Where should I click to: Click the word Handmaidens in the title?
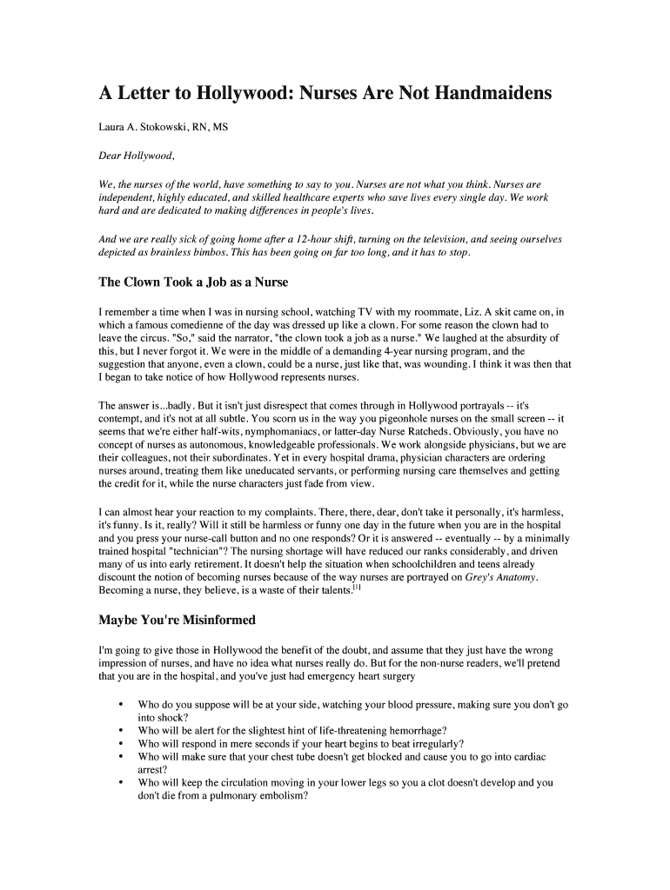(492, 93)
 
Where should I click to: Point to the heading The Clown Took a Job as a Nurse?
(193, 282)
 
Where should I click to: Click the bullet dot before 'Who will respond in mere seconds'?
(119, 744)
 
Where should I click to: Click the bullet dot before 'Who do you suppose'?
(119, 704)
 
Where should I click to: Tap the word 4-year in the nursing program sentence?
(375, 351)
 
